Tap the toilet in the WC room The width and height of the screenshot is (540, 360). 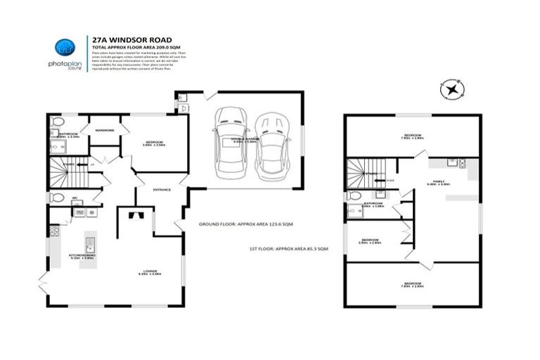(56, 198)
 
